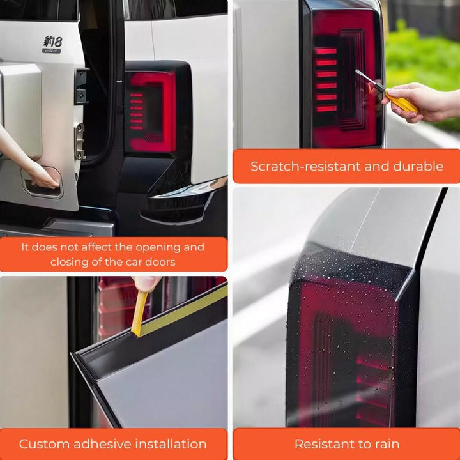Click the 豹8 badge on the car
[52, 43]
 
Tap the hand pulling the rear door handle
[40, 176]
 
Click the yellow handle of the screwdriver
[403, 103]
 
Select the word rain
[384, 444]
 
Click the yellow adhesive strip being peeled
[179, 307]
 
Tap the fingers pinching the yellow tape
[146, 282]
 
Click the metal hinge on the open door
[80, 141]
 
